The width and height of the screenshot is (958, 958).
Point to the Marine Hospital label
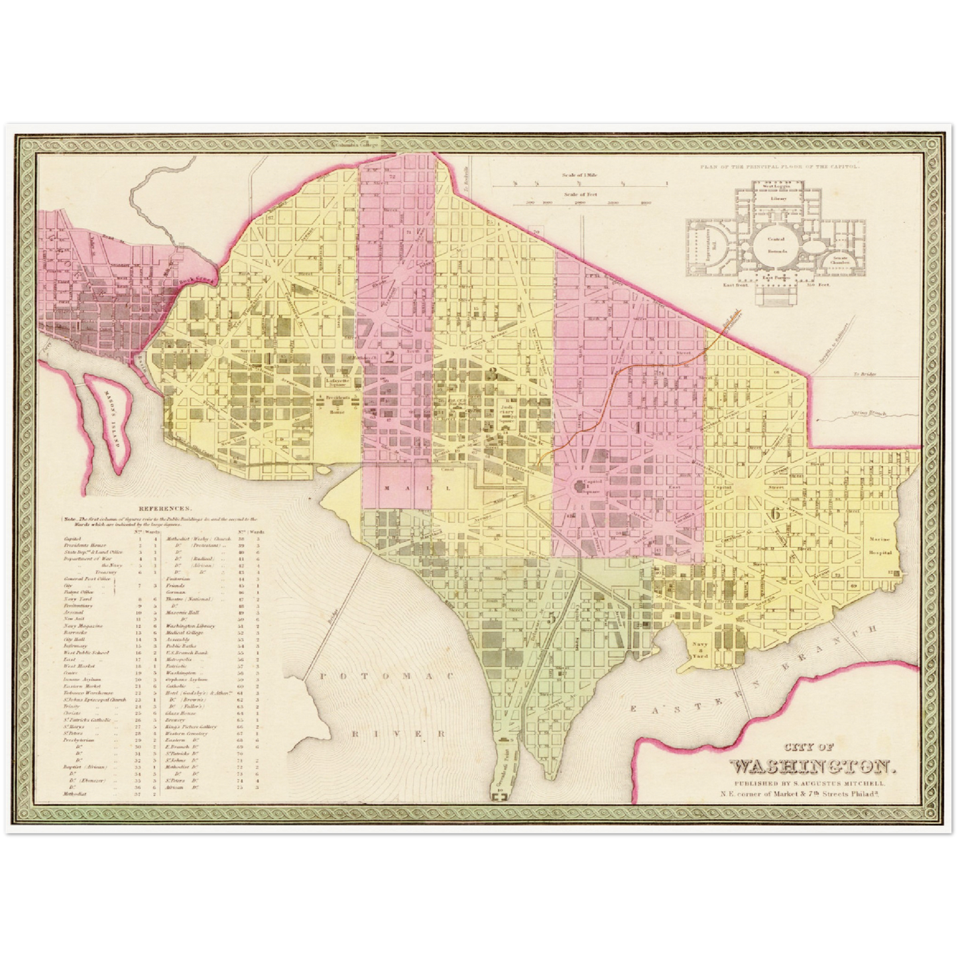[882, 546]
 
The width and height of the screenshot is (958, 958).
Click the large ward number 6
[774, 512]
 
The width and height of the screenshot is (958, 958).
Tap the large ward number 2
[390, 357]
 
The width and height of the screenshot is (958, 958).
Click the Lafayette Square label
[334, 383]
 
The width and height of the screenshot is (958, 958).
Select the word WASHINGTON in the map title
[812, 767]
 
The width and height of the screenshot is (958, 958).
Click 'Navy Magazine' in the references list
[84, 625]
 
